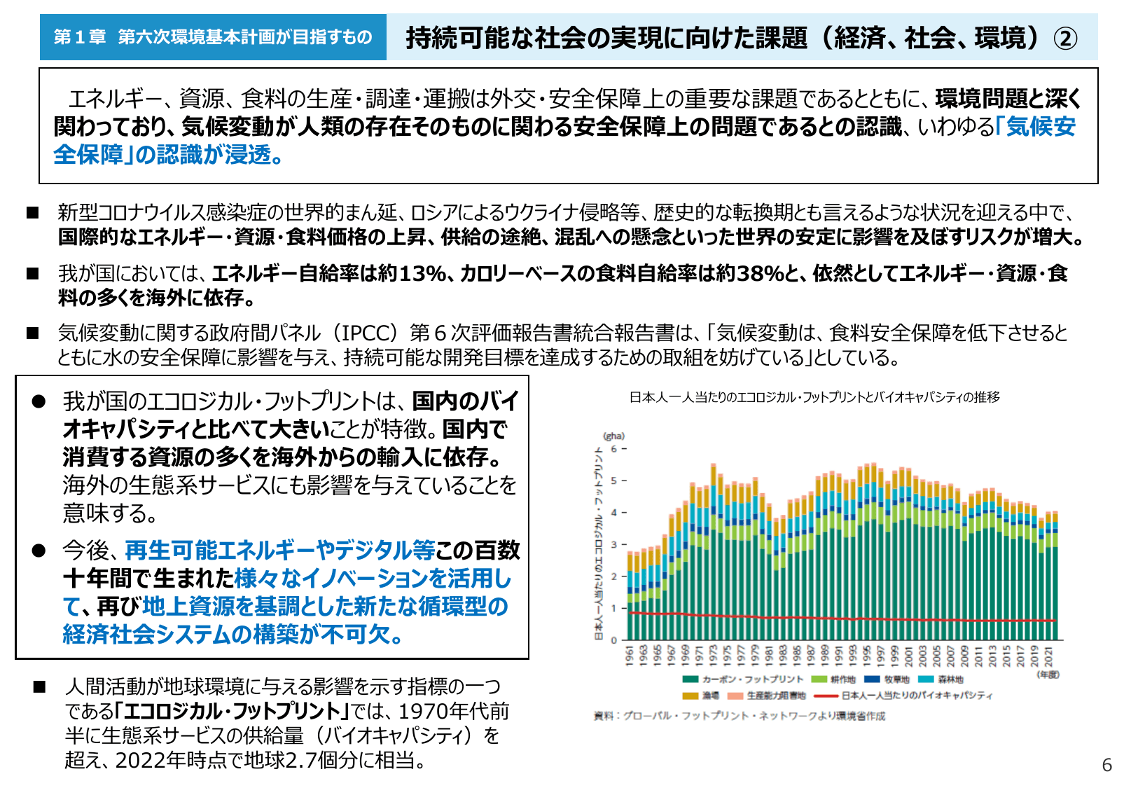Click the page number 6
pos(1106,765)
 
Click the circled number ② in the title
pos(1065,38)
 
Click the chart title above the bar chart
pos(814,397)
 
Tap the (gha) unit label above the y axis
pos(613,436)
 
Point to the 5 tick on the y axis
pos(614,481)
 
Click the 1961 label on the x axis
pos(630,656)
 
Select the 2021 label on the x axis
pos(1048,656)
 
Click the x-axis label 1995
pos(867,656)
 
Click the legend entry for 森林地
pos(950,679)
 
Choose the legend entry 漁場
pos(710,696)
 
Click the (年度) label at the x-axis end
pos(1048,674)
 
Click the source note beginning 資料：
pos(740,716)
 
